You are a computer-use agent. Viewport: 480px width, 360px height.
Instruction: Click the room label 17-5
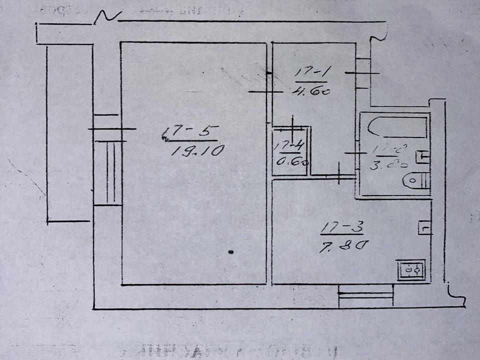190,133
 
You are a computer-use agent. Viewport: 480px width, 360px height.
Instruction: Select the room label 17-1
310,74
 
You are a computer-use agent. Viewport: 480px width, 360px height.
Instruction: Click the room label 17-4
290,145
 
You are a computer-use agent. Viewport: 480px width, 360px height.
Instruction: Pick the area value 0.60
290,161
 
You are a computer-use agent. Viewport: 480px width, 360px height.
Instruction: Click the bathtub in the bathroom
397,127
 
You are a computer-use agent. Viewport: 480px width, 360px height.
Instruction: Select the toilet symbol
418,179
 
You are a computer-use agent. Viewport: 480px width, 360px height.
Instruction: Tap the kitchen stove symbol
410,270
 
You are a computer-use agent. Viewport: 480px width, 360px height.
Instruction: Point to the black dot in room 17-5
230,252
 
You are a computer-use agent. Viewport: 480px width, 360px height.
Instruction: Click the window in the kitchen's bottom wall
365,297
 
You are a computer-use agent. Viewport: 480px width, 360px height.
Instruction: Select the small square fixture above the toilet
423,156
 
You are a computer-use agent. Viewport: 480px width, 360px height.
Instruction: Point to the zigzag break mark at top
107,16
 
